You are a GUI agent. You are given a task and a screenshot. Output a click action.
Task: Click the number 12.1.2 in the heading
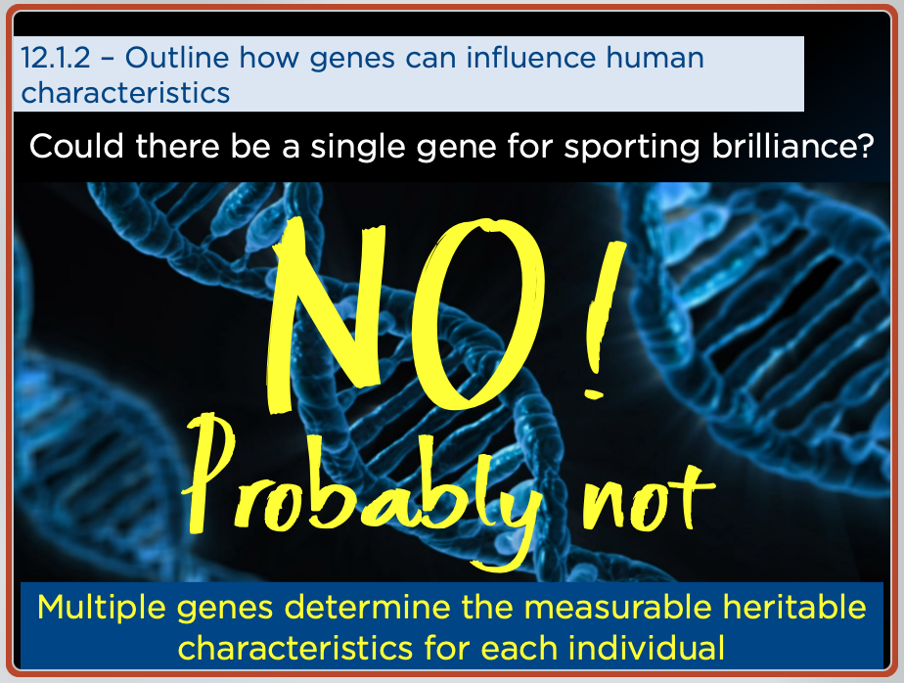click(56, 58)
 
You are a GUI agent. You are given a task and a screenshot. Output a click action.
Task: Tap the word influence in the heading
click(531, 58)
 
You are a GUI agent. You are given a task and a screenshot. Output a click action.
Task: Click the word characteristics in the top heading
click(125, 93)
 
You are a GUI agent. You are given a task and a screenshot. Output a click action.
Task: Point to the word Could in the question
click(76, 146)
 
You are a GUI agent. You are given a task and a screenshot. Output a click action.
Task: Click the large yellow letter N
click(326, 314)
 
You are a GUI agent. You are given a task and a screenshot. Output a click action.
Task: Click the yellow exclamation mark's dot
click(593, 394)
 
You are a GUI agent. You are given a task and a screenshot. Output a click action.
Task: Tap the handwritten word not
click(649, 496)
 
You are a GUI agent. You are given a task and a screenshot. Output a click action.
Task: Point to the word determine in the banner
click(368, 608)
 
